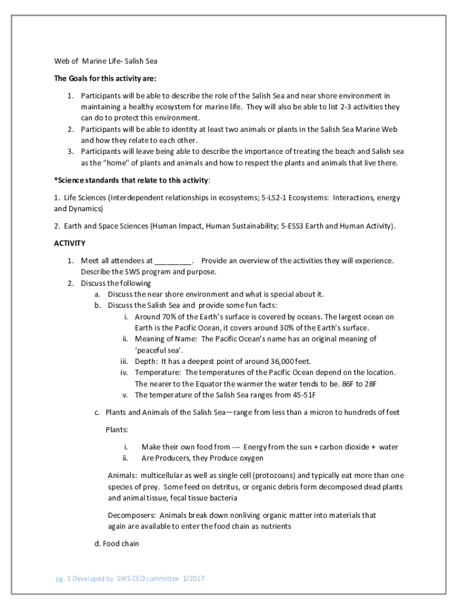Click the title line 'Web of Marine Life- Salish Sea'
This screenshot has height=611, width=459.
(106, 61)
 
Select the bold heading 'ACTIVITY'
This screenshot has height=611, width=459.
(70, 243)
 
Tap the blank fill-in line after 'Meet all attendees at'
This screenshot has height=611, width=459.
(173, 261)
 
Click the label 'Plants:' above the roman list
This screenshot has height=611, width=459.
(117, 429)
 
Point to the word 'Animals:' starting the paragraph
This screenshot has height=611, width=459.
(122, 476)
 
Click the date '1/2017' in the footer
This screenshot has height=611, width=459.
(194, 578)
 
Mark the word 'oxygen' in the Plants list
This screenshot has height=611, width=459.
(250, 458)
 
